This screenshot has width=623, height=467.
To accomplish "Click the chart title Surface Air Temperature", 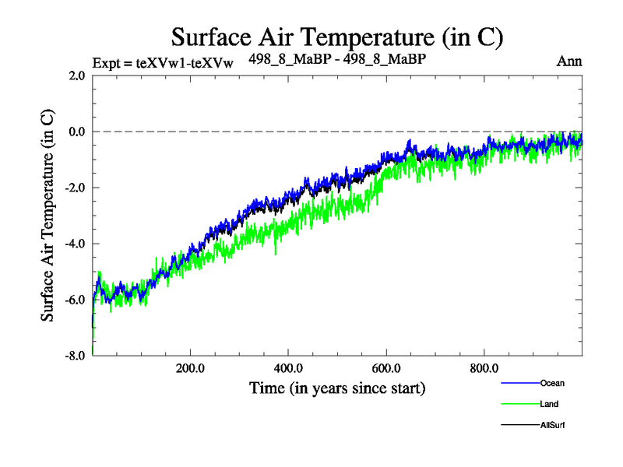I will pyautogui.click(x=337, y=37).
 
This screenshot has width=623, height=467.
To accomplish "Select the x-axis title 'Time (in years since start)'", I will pyautogui.click(x=337, y=387).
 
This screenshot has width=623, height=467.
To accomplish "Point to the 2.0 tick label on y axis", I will pyautogui.click(x=76, y=75).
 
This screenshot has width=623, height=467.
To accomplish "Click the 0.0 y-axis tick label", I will pyautogui.click(x=76, y=132).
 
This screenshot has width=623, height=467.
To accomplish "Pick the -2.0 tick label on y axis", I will pyautogui.click(x=75, y=188).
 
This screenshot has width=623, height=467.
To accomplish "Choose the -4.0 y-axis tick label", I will pyautogui.click(x=75, y=244).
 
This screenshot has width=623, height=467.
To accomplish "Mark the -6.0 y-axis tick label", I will pyautogui.click(x=75, y=300).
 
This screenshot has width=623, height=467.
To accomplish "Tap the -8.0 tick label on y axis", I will pyautogui.click(x=75, y=356).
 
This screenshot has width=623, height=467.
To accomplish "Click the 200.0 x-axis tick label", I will pyautogui.click(x=190, y=368).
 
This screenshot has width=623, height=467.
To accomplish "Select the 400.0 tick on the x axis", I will pyautogui.click(x=288, y=368).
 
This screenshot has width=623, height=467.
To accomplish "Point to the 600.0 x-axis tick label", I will pyautogui.click(x=386, y=368).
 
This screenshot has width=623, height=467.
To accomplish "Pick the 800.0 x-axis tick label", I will pyautogui.click(x=484, y=368).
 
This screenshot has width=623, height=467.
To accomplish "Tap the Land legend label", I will pyautogui.click(x=548, y=404).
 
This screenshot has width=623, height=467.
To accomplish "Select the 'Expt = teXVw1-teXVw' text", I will pyautogui.click(x=163, y=62).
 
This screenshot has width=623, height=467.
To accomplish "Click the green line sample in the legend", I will pyautogui.click(x=518, y=404).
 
